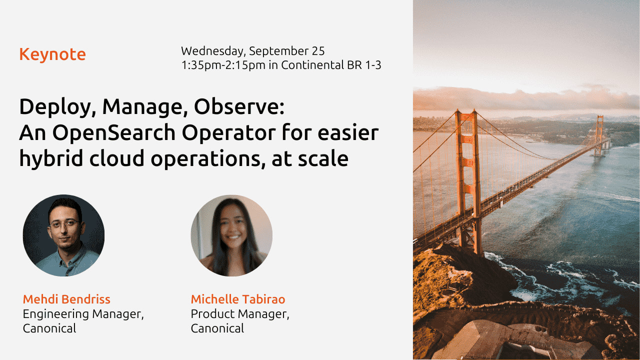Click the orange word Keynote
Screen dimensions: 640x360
tap(52, 54)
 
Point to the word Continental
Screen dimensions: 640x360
tap(312, 65)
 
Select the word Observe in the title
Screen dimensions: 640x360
tap(239, 106)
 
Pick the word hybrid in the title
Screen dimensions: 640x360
tap(51, 159)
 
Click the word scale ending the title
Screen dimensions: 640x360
tap(323, 158)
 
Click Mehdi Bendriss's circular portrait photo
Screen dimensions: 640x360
tap(63, 235)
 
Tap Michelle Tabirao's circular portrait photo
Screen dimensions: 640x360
tap(231, 235)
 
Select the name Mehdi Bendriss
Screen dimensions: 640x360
tap(66, 299)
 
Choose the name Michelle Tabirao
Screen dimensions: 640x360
tap(238, 299)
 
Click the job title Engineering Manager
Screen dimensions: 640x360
tap(83, 314)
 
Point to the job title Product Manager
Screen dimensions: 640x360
tap(240, 314)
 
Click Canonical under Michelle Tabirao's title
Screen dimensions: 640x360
tap(217, 328)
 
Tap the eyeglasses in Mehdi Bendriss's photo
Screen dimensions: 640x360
tap(65, 223)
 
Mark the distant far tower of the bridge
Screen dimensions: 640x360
tap(598, 135)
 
